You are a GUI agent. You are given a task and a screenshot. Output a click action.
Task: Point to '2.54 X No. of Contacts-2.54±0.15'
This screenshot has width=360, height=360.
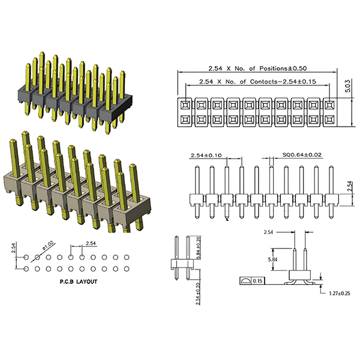257,81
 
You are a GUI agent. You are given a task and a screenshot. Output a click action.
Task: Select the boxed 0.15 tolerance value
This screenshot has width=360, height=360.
258,281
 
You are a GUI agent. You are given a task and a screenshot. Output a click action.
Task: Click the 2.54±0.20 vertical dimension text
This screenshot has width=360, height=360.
199,293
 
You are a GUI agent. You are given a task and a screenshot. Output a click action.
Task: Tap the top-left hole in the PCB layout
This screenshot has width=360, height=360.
26,257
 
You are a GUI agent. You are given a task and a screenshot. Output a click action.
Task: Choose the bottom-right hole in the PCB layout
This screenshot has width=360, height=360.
128,268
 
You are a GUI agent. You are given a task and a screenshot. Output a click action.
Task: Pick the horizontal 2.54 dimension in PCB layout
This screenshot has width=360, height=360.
91,243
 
